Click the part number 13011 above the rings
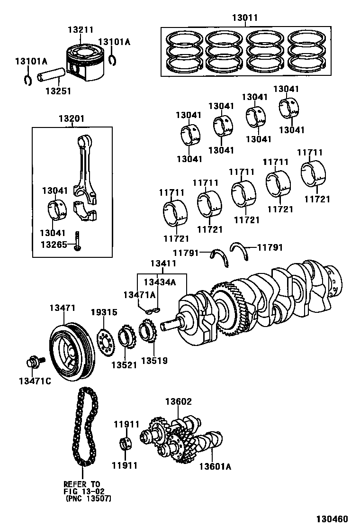click(245, 18)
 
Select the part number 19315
click(104, 312)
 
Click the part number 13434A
click(160, 282)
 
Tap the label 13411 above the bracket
click(163, 263)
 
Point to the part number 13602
click(178, 402)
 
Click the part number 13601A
click(215, 467)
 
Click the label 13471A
click(139, 295)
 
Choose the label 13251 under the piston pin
click(58, 91)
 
